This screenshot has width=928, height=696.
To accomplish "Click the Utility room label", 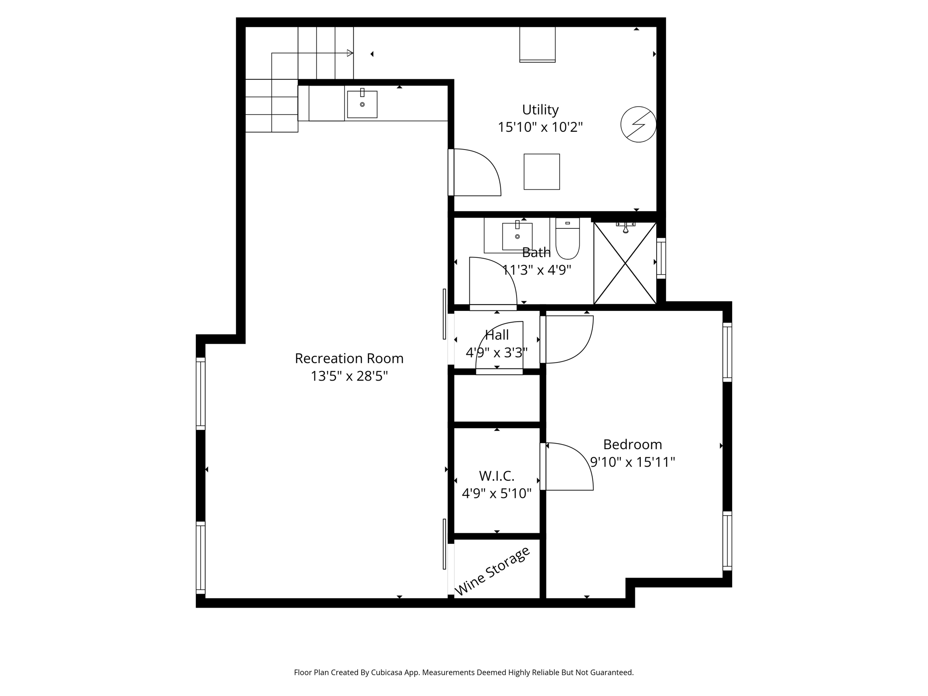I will (x=540, y=110).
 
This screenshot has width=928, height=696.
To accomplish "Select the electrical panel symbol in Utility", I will (x=638, y=124).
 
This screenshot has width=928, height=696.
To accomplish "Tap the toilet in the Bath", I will (x=567, y=240).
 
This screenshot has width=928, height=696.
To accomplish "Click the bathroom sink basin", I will (x=517, y=236).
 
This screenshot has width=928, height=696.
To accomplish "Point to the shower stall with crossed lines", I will (x=625, y=263).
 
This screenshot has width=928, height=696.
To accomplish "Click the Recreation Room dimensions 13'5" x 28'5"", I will (x=349, y=376).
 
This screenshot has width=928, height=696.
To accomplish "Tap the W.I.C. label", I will (x=497, y=476).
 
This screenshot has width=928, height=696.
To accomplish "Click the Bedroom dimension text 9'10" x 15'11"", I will (x=633, y=462).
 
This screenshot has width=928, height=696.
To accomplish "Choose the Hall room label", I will (x=497, y=335).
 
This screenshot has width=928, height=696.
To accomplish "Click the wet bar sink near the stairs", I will (x=362, y=104).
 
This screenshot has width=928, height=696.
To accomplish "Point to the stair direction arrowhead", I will (x=350, y=53).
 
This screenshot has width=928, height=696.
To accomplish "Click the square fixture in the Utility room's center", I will (x=541, y=172).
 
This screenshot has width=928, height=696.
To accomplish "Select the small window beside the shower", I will (x=661, y=258).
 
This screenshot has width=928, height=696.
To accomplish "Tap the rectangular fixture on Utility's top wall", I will (x=537, y=44).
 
